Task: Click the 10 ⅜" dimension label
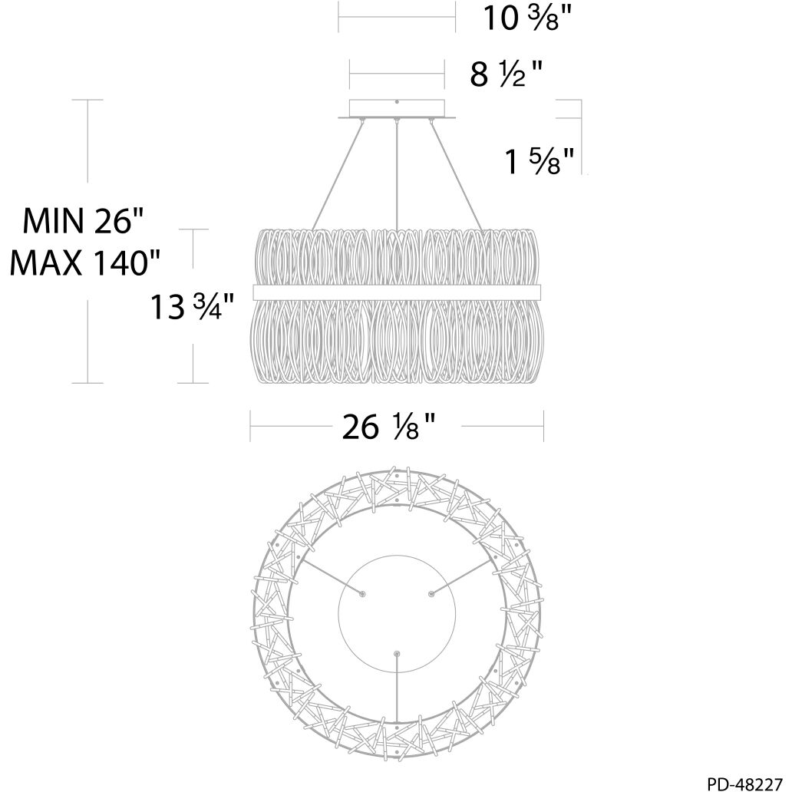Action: (x=528, y=18)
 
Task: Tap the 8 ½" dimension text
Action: (x=506, y=74)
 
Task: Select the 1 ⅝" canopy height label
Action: (x=540, y=161)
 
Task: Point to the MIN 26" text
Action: (x=84, y=221)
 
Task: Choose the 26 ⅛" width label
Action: (x=388, y=426)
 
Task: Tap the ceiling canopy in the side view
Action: (x=397, y=110)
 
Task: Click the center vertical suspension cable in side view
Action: (x=397, y=175)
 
